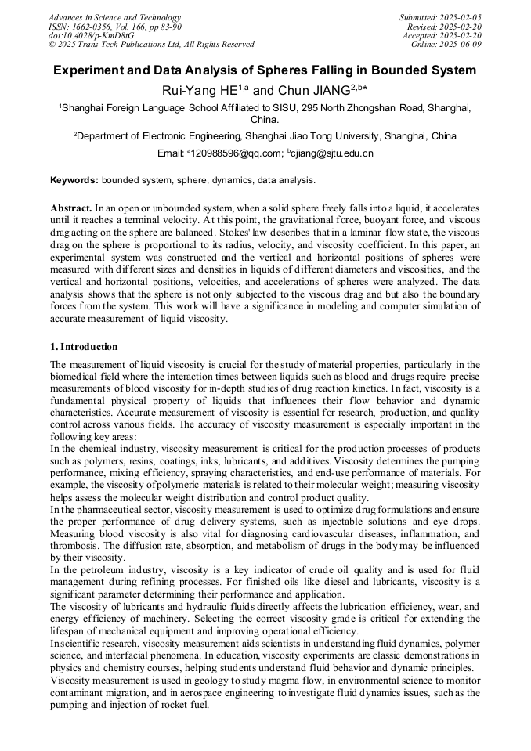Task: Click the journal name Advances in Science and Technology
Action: tap(114, 17)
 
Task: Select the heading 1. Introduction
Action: tap(84, 347)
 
